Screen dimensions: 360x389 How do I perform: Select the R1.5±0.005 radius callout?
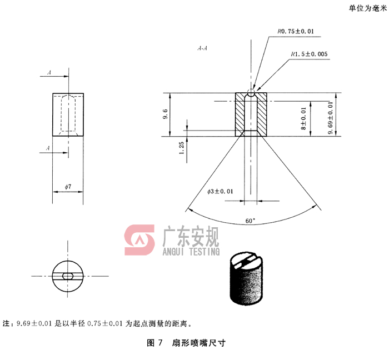coord(309,54)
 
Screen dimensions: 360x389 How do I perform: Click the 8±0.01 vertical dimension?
coord(303,118)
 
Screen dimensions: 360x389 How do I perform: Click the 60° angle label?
coord(251,221)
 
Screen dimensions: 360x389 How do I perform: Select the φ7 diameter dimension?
coord(68,187)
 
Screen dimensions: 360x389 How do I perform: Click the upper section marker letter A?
coord(49,73)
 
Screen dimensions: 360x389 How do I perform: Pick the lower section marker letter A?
coord(49,148)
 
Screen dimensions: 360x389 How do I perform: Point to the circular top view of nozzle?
coord(68,276)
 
